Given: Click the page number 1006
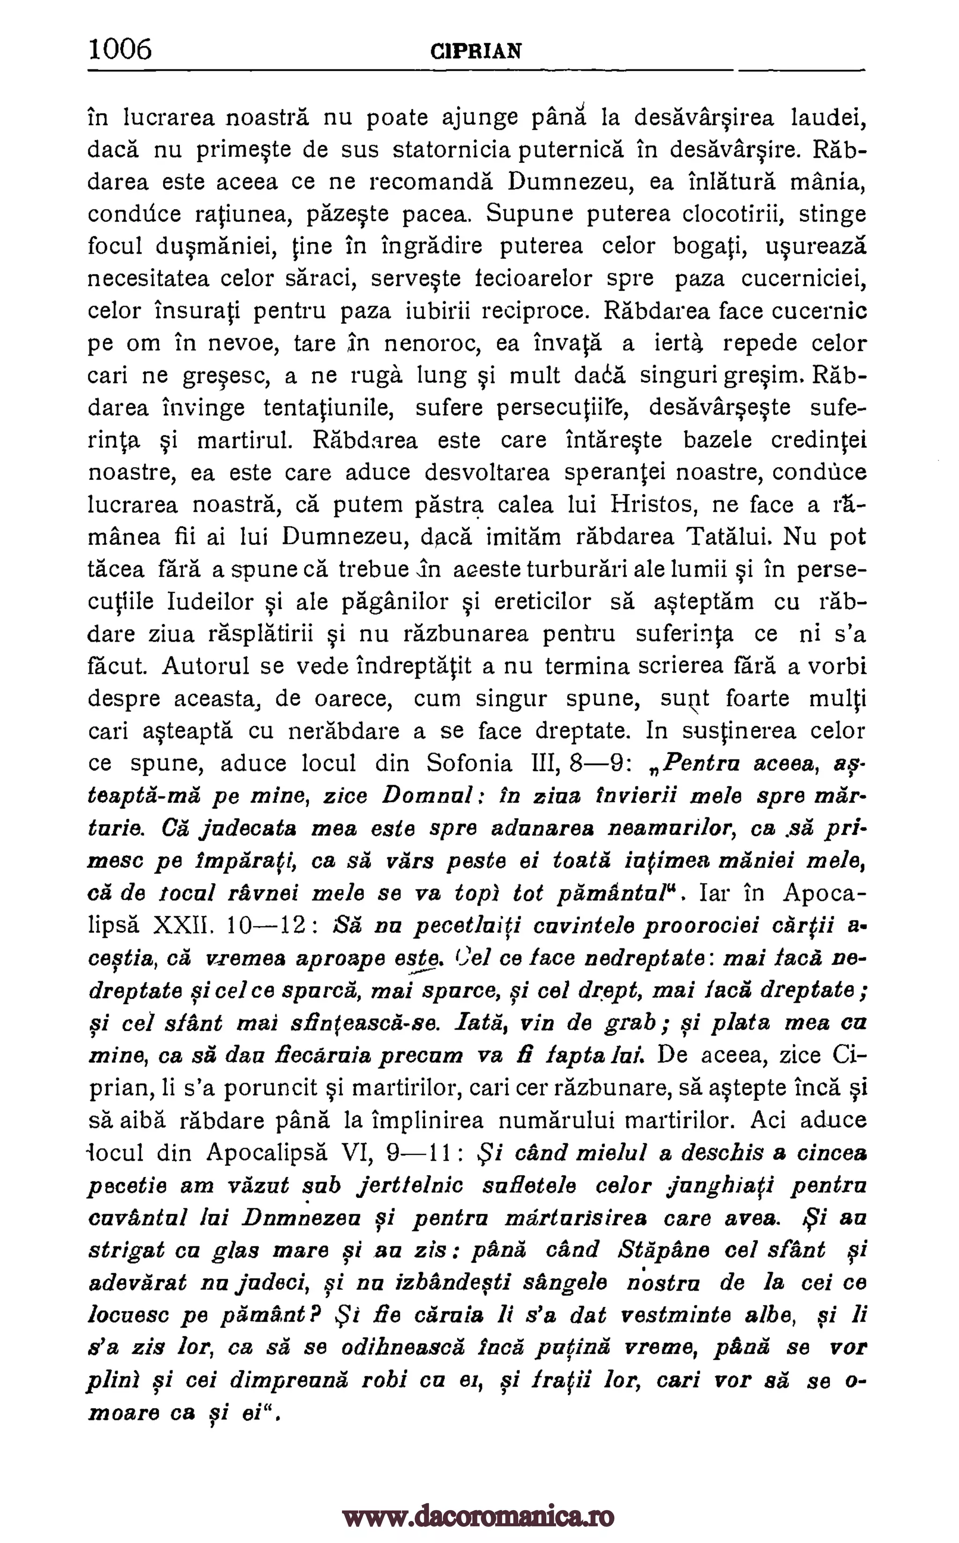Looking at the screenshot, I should [120, 49].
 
